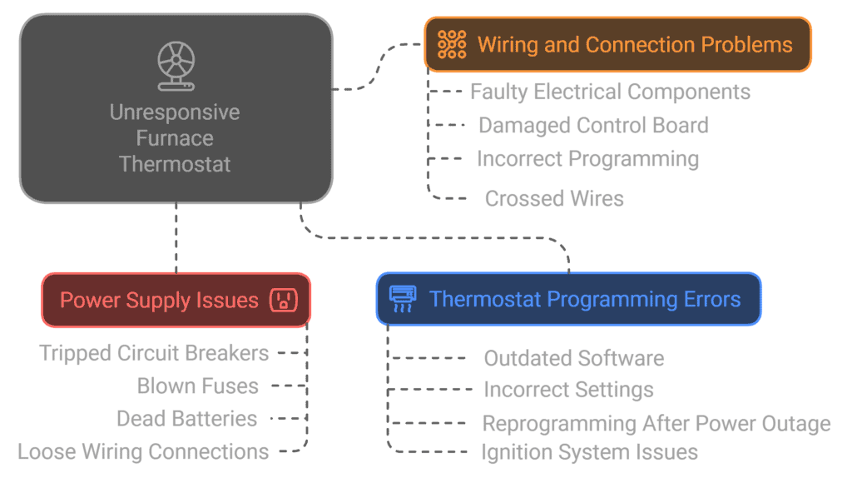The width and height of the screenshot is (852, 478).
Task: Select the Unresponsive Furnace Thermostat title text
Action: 175,138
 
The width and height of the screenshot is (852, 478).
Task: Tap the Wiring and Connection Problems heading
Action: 635,44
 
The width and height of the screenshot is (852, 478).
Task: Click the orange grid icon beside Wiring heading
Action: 452,44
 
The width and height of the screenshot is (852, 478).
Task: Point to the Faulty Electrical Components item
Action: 610,92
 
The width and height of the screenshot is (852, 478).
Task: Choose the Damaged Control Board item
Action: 593,126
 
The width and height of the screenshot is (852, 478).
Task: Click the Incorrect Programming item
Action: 587,159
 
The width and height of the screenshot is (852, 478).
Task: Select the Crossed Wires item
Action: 554,199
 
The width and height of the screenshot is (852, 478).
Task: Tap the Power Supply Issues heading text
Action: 159,300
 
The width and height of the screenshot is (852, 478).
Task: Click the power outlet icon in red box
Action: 284,300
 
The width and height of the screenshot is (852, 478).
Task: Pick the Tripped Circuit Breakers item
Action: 154,353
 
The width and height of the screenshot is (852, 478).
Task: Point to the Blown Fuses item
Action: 198,386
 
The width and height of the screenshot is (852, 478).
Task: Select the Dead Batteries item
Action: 186,419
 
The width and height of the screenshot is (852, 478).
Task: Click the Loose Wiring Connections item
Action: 143,452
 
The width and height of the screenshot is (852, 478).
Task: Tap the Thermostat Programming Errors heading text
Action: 585,299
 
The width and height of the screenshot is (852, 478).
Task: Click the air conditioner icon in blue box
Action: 403,298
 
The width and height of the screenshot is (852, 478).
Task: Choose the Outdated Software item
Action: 573,359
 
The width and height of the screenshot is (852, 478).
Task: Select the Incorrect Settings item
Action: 568,390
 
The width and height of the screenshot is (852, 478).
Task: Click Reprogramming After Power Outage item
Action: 656,424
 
